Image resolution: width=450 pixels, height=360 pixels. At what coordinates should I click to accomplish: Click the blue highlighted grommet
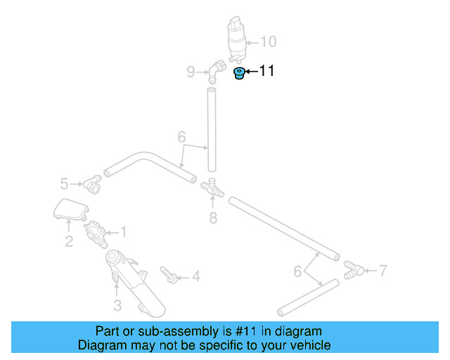point(239,73)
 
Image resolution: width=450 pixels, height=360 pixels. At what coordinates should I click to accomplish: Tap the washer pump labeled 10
point(238,39)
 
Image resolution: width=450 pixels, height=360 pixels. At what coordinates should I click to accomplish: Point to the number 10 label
point(269,41)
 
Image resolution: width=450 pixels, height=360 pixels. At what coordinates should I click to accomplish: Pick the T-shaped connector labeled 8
point(212,188)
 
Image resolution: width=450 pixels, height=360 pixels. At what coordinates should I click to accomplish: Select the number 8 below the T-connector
point(213,218)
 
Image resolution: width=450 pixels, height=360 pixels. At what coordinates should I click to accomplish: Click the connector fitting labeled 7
point(354,268)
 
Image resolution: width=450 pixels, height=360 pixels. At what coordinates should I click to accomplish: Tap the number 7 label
point(382,269)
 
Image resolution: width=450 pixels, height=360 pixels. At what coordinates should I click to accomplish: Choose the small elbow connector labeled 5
point(92,185)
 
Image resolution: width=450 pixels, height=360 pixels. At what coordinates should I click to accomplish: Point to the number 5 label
point(64,184)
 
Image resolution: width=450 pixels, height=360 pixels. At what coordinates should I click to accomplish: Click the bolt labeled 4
point(168,274)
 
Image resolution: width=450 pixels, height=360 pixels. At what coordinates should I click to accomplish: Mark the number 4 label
point(195,277)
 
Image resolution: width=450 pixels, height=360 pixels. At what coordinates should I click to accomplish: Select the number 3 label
point(117,305)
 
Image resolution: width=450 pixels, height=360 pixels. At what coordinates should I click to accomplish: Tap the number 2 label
point(69,243)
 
